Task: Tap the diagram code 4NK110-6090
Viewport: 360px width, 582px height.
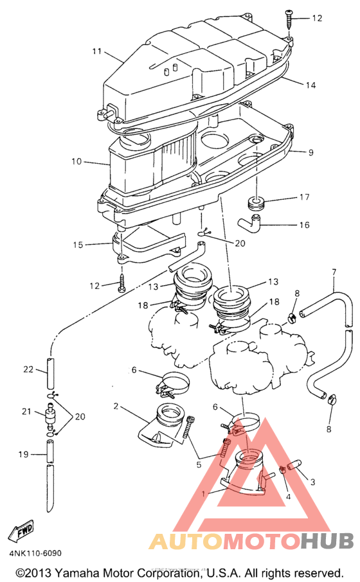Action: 35,553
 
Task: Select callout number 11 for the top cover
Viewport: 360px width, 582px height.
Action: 96,51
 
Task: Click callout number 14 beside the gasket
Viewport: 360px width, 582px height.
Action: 310,85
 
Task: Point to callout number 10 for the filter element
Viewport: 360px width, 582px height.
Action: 76,161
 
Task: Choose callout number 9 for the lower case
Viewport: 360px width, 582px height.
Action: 310,152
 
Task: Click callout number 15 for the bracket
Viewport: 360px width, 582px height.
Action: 78,245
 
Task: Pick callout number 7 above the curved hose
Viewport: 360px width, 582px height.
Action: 334,272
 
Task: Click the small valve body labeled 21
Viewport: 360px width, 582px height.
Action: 49,414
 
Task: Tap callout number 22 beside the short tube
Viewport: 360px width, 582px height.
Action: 28,369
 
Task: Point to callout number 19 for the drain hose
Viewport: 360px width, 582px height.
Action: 23,454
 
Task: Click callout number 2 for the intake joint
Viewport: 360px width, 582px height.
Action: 116,407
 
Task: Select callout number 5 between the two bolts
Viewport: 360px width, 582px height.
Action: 199,464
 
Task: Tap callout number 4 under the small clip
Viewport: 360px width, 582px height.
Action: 288,497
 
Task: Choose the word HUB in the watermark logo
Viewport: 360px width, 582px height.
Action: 327,541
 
